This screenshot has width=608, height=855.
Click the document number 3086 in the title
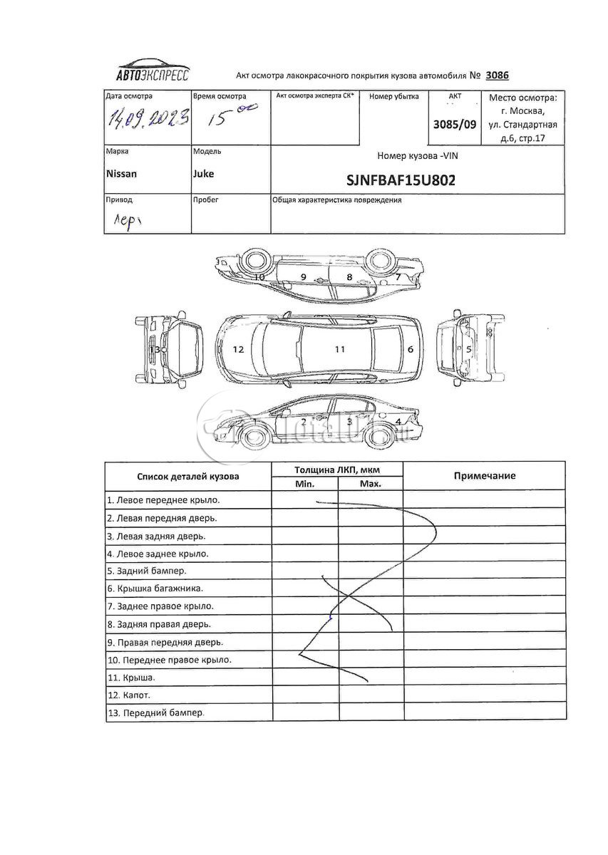click(497, 75)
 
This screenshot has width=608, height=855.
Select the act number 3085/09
click(455, 123)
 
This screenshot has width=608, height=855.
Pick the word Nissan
click(121, 174)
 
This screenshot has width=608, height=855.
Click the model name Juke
click(203, 174)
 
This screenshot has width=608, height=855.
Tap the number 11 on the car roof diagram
click(340, 349)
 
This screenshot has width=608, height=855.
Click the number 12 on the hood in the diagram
click(238, 349)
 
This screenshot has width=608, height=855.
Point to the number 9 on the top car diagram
click(303, 276)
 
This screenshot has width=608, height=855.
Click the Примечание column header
click(484, 476)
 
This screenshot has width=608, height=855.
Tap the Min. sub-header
click(304, 484)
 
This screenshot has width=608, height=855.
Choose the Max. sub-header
click(370, 484)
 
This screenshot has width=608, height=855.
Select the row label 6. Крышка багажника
click(155, 589)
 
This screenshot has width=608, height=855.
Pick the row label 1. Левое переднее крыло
click(163, 500)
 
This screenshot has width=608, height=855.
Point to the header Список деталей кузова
click(188, 476)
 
